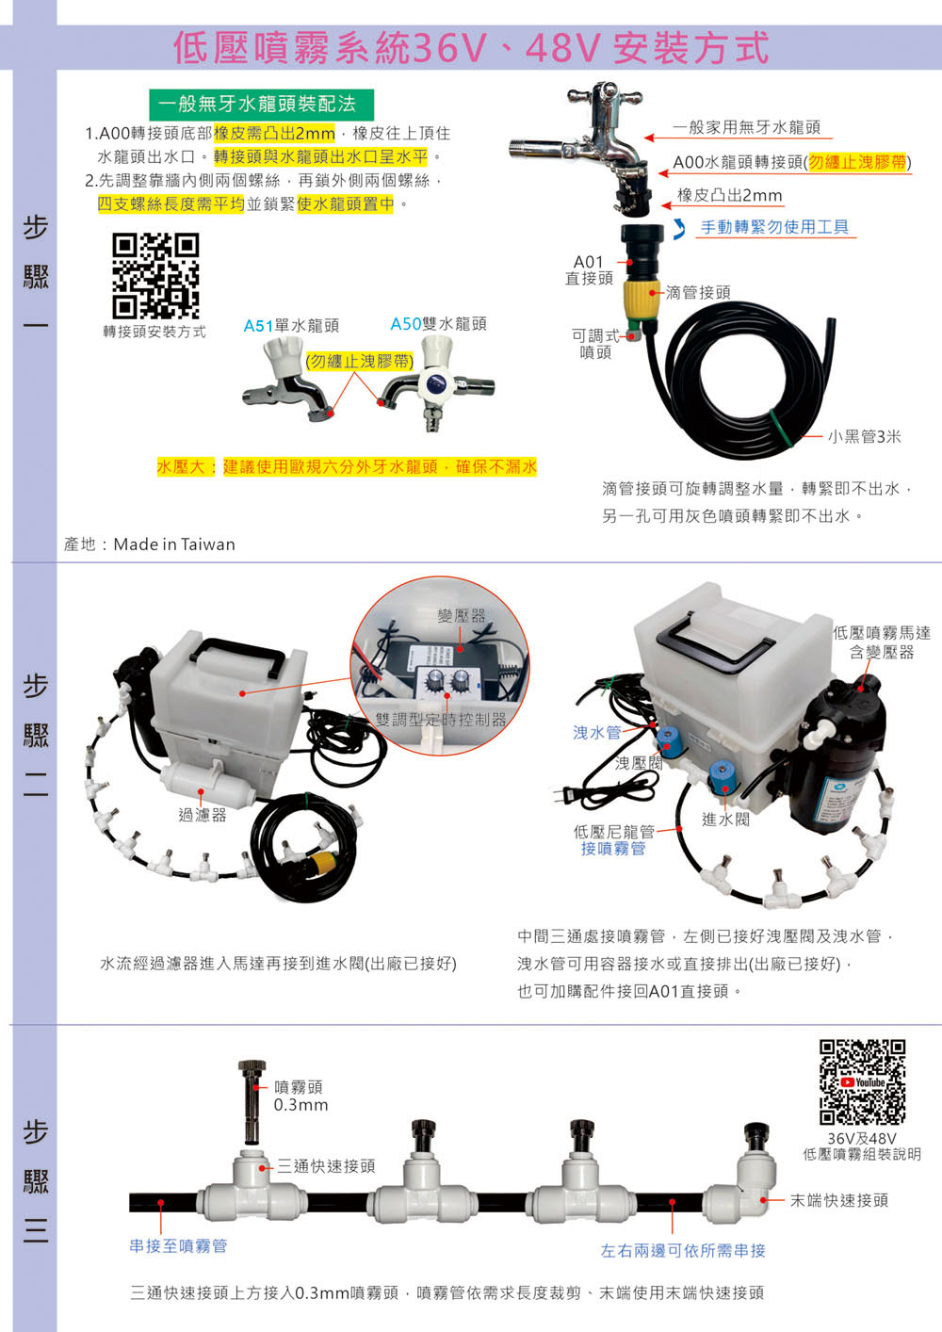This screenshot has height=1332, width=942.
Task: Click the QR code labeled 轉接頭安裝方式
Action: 155,275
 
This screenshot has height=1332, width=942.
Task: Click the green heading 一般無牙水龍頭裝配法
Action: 261,105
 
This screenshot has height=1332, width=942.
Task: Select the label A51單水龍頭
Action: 291,326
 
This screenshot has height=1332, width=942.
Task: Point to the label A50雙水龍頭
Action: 438,324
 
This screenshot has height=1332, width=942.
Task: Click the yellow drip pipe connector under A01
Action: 642,300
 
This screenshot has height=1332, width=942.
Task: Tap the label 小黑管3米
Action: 864,437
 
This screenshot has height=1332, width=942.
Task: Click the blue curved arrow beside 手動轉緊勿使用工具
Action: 680,229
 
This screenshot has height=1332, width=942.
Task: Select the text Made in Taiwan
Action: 174,544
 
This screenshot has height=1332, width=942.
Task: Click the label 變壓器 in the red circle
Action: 462,616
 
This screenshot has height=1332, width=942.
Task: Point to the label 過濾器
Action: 203,815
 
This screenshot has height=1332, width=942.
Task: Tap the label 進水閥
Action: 725,820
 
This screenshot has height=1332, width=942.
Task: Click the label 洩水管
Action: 597,733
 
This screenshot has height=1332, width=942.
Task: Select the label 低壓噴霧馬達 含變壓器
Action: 882,642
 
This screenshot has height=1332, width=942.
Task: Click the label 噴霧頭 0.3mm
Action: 300,1096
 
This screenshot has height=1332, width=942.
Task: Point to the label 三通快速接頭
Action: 326,1166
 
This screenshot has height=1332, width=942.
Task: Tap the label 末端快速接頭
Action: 839,1200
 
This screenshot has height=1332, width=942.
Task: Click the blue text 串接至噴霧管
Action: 178,1246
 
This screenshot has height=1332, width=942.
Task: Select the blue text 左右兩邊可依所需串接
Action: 683,1251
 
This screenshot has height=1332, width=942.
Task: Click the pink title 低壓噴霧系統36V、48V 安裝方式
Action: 471,48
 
